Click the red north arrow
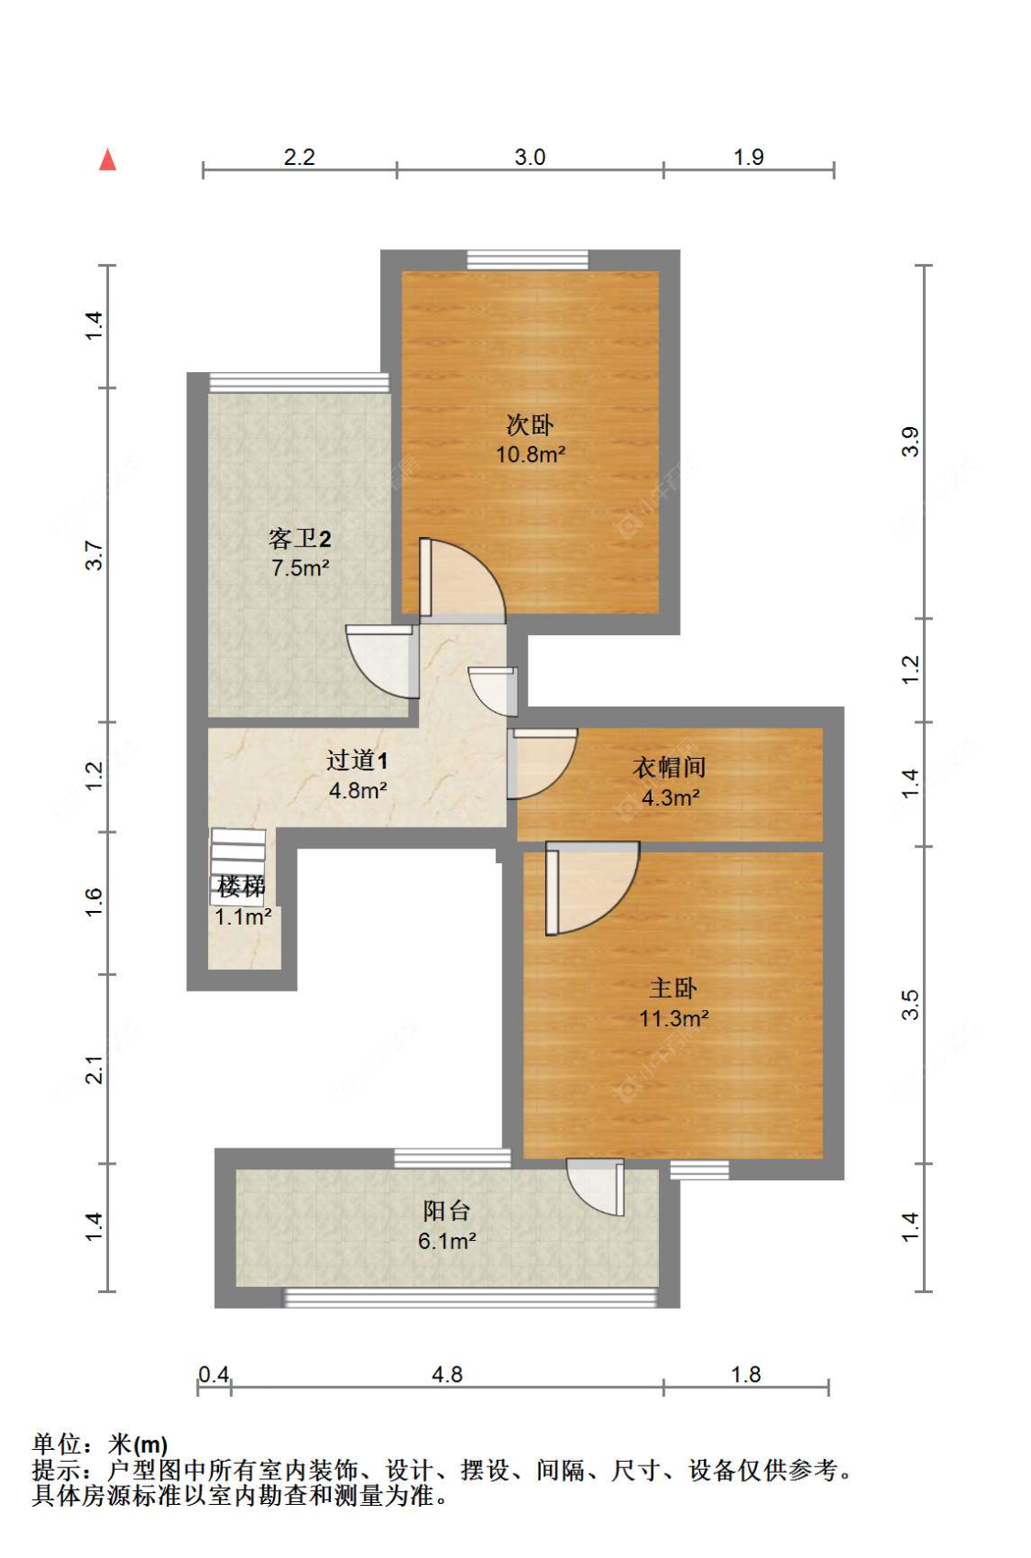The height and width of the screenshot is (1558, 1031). point(108,159)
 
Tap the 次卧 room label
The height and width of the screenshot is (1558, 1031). point(530,424)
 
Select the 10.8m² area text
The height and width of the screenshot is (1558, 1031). point(530,455)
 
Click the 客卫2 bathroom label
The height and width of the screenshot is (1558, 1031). point(300,538)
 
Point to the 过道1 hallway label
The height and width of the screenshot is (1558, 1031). point(356,761)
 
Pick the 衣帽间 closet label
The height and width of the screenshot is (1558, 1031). point(669,767)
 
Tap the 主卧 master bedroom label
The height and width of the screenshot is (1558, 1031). point(673,988)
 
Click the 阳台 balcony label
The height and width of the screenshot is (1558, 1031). point(446,1211)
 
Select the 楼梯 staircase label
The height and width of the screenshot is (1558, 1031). point(241,887)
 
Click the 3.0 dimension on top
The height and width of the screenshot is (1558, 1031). point(530,158)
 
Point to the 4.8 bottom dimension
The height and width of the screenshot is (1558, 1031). point(446,1375)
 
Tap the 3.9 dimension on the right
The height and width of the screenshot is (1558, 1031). point(910,442)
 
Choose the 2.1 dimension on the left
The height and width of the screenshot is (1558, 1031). point(93,1070)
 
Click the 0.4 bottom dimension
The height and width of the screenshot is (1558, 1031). point(214,1375)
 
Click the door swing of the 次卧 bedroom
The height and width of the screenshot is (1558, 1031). point(462,578)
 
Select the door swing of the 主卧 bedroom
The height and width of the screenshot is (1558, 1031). point(592,888)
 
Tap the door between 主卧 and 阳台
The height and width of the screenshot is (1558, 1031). point(597,1187)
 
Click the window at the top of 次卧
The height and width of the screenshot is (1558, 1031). point(527,259)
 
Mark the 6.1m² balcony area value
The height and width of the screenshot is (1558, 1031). point(446,1241)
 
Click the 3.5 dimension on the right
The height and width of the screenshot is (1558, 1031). point(910,1005)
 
